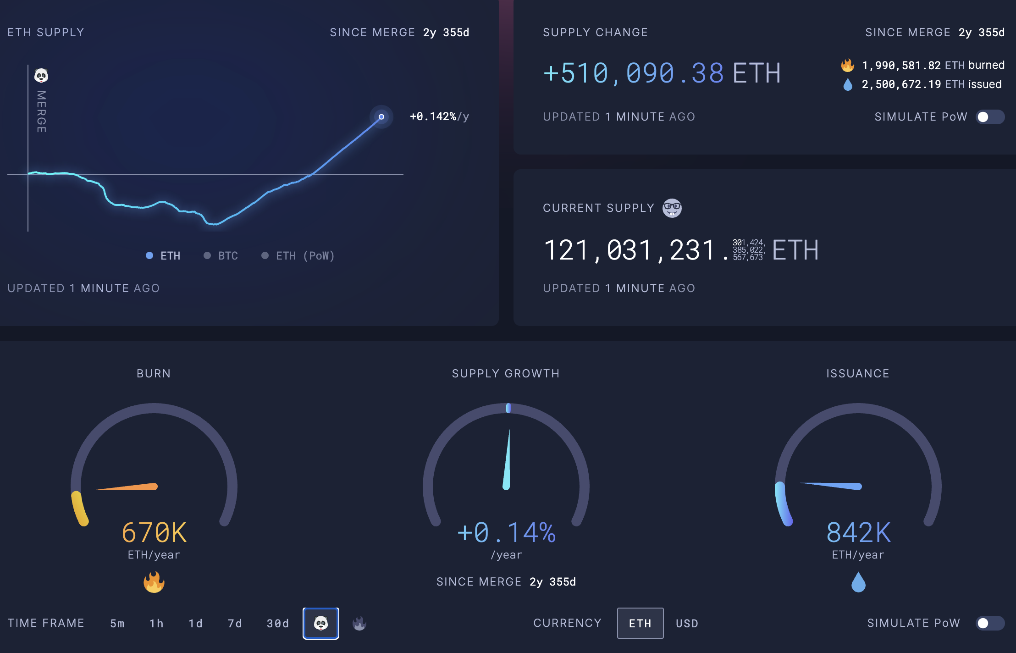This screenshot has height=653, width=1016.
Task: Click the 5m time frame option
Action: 117,624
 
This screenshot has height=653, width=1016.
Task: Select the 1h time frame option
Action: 156,624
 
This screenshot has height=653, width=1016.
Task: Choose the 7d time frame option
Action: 235,624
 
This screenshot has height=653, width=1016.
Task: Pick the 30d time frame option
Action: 278,624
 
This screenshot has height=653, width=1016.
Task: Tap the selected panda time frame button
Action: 321,623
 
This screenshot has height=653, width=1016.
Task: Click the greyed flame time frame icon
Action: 359,623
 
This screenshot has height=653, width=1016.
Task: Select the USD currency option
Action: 687,624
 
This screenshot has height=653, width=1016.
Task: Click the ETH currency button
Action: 640,623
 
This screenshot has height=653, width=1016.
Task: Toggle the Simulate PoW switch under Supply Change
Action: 989,117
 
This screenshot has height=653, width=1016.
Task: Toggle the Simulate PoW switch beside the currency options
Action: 989,623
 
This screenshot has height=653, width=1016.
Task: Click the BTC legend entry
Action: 221,256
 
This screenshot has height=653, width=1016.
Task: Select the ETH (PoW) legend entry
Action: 298,256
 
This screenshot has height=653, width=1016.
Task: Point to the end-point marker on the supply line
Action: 381,117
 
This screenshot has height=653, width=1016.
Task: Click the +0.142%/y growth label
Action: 439,117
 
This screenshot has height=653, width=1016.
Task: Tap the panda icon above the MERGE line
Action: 41,76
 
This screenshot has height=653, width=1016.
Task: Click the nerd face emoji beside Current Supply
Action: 672,208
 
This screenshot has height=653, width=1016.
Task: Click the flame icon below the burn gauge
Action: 154,582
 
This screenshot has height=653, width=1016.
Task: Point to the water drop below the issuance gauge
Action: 858,582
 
